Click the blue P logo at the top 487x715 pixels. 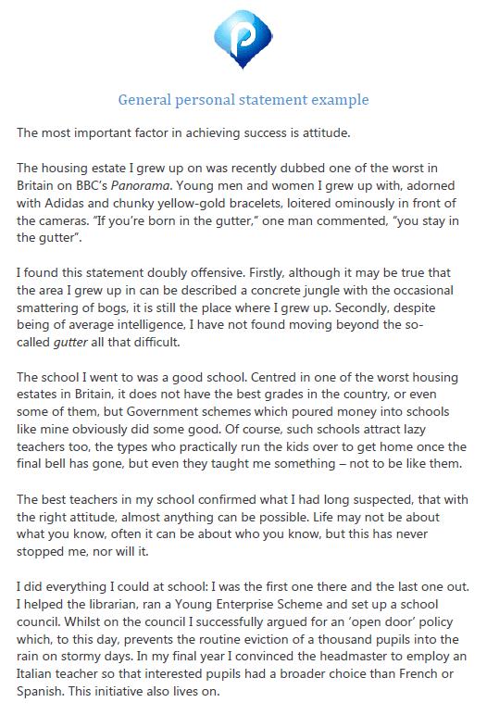pyautogui.click(x=243, y=43)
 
